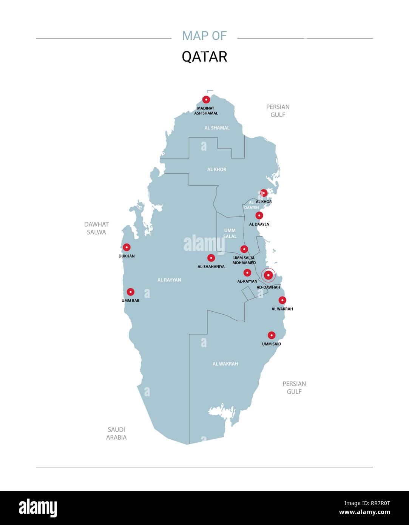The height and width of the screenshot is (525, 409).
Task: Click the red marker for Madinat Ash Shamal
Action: (206, 100)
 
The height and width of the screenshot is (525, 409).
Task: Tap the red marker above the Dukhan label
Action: (127, 247)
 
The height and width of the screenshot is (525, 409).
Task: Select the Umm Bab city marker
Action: (131, 292)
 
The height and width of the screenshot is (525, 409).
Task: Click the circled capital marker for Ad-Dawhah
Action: (268, 275)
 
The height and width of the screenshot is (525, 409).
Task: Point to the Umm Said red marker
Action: (272, 335)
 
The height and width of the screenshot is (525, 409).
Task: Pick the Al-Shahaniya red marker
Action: (211, 258)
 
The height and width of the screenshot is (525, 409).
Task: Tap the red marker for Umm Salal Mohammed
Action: (244, 249)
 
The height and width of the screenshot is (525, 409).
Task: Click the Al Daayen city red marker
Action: (259, 216)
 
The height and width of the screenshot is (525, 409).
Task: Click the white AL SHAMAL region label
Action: (217, 128)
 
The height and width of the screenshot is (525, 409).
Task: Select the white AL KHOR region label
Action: (217, 170)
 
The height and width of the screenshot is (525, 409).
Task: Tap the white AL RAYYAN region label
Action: (169, 280)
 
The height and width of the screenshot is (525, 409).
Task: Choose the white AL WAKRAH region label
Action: (225, 364)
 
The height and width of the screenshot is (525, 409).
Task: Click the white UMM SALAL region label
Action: (230, 233)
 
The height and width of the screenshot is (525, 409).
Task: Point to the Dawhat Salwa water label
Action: (96, 228)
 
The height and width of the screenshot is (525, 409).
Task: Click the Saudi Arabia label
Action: (116, 433)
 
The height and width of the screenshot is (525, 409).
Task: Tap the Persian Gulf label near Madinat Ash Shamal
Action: (278, 111)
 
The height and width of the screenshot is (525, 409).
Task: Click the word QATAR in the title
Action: (204, 57)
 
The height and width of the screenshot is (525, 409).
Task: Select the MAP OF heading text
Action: (204, 36)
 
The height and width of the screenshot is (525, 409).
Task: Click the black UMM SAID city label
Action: (272, 344)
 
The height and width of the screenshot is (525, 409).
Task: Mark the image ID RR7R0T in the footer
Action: (367, 503)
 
